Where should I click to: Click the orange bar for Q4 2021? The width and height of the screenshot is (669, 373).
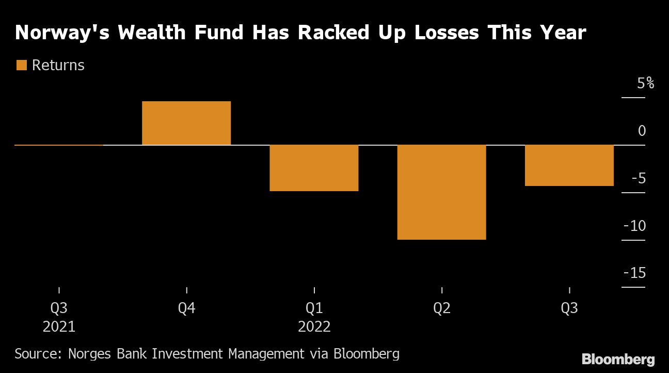pos(186,123)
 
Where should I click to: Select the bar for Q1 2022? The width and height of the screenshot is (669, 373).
pos(314,168)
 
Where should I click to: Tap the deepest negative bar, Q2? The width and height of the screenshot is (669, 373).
pos(441,192)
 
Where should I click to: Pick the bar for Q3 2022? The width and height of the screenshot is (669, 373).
pos(569,165)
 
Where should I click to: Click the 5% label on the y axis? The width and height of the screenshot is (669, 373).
pos(645,83)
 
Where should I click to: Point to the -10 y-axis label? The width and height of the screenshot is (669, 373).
pos(634,226)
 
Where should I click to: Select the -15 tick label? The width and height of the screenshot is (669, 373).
pos(634,273)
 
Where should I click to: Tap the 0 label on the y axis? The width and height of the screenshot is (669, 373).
pos(642,131)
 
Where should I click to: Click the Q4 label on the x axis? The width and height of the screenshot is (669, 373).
pos(186,308)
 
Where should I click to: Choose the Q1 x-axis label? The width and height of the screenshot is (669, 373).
pos(314,308)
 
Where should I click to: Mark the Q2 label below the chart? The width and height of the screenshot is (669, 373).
pos(442,308)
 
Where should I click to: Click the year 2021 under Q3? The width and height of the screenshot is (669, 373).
pos(59,327)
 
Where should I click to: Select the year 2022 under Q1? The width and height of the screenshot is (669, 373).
pos(314,327)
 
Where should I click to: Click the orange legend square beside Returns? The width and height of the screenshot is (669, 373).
pos(22,65)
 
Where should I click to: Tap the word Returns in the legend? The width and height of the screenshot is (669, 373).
pos(58,65)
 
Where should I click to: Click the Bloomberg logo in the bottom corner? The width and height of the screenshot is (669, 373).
pos(618,360)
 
